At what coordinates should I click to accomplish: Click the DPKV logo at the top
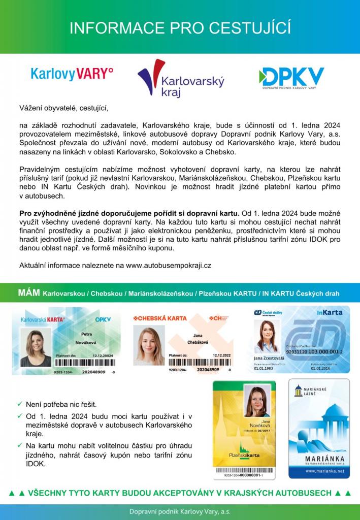tap(291, 79)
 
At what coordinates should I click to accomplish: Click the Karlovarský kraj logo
tap(180, 79)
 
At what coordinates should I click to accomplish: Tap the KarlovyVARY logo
tap(72, 74)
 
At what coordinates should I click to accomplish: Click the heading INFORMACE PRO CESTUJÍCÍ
tap(180, 27)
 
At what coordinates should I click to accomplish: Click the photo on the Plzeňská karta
tap(257, 401)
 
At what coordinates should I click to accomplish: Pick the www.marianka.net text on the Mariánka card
tap(319, 471)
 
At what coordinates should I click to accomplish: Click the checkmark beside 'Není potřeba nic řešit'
tap(20, 404)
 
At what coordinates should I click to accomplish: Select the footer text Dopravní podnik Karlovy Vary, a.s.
tap(180, 511)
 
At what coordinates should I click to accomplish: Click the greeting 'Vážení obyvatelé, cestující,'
tap(64, 108)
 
